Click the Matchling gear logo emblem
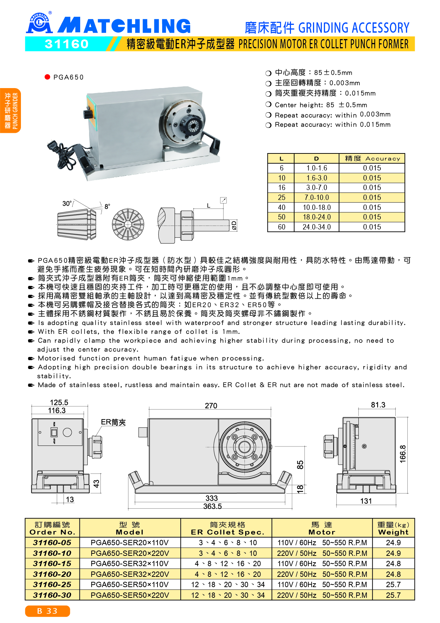click(39, 23)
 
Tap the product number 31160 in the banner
click(67, 44)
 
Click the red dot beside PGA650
click(47, 77)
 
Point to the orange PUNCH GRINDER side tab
click(11, 110)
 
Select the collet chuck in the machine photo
click(192, 124)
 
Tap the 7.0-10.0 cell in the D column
click(317, 197)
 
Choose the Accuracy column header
click(372, 158)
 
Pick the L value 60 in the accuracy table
click(281, 227)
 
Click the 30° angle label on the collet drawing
click(67, 204)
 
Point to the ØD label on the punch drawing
click(234, 225)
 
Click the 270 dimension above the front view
click(211, 406)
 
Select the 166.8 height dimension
click(403, 454)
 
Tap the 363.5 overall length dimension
click(212, 506)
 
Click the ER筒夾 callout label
click(113, 422)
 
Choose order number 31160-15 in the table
click(52, 564)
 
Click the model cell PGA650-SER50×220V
click(130, 595)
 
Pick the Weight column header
click(393, 528)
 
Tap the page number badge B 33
click(47, 611)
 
